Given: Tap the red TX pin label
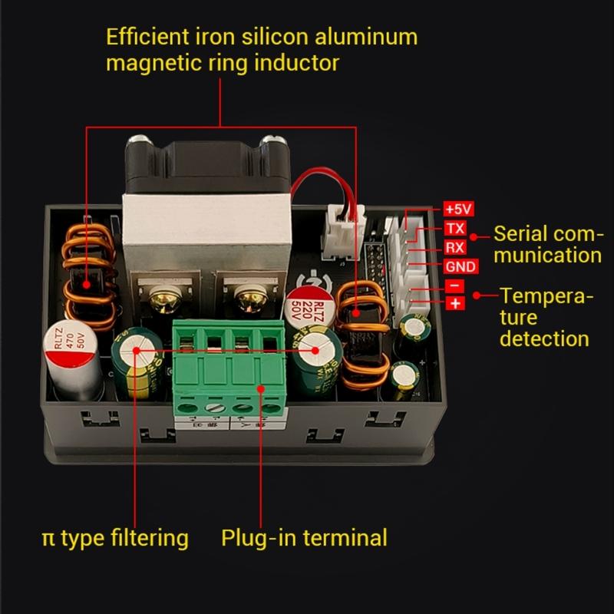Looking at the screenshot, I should (454, 229).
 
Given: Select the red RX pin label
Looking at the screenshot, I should (454, 247).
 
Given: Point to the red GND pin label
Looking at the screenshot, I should (460, 266).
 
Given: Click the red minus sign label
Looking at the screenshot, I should (454, 286).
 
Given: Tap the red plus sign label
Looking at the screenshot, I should (454, 304).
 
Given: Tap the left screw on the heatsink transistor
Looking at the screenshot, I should (163, 295).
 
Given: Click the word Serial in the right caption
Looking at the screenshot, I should (520, 233).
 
